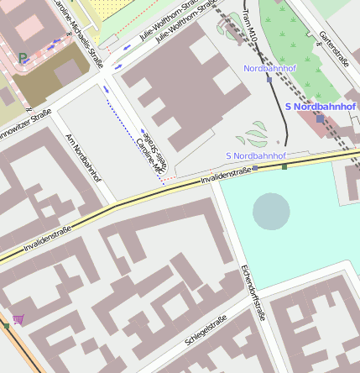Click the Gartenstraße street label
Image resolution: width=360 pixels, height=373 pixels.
click(x=334, y=48)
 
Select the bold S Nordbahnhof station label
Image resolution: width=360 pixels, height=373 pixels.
click(x=321, y=107)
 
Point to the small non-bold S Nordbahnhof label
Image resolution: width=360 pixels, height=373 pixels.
click(x=256, y=156)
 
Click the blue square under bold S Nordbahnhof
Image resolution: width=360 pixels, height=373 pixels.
click(x=320, y=119)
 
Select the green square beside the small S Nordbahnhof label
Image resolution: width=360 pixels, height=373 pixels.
click(x=284, y=166)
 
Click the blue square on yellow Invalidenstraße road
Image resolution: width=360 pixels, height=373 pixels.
click(x=256, y=168)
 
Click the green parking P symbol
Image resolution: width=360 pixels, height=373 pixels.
click(x=23, y=59)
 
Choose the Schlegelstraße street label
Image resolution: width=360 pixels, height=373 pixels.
click(x=206, y=330)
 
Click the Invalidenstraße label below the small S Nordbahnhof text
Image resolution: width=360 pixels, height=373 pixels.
click(x=226, y=174)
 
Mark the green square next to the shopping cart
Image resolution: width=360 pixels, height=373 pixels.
click(x=6, y=325)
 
